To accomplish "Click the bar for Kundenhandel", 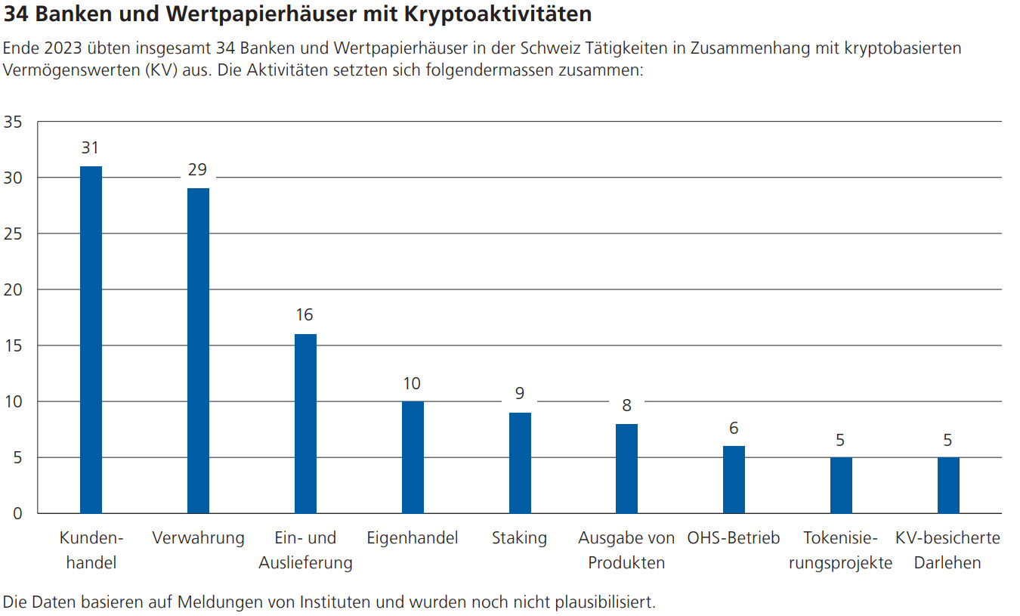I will click(91, 339).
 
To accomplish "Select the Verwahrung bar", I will click(198, 351).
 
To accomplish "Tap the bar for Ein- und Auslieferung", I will click(305, 423).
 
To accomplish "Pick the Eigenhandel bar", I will click(413, 457).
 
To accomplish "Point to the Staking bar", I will click(520, 463).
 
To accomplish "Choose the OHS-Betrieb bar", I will click(734, 479).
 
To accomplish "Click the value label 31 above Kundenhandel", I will click(91, 148).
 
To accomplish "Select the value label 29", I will click(197, 170).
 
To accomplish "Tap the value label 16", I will click(304, 315).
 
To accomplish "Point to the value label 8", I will click(626, 405).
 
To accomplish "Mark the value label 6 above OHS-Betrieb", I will click(734, 428).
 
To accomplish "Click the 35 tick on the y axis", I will click(14, 122).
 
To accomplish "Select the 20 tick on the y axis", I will click(14, 289).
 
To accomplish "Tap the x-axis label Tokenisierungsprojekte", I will click(840, 550).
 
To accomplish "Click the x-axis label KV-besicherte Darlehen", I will click(947, 550).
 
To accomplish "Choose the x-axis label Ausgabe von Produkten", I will click(626, 550).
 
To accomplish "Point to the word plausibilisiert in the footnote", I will click(598, 602).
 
